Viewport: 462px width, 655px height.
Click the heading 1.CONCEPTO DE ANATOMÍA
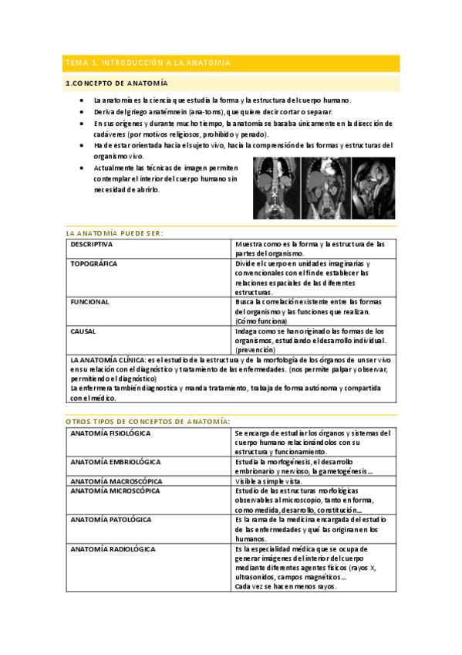click(x=116, y=83)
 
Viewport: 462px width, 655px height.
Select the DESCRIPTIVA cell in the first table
click(x=92, y=244)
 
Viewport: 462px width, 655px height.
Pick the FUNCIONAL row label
click(x=89, y=302)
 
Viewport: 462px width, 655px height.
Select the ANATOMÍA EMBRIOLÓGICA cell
click(x=116, y=462)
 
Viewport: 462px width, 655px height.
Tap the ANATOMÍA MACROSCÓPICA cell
click(x=116, y=480)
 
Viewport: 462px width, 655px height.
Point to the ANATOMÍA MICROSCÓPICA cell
click(x=115, y=490)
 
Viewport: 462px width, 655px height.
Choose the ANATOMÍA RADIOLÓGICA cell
click(x=113, y=549)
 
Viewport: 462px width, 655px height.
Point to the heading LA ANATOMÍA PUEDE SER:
click(x=115, y=232)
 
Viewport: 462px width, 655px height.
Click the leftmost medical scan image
click(x=276, y=188)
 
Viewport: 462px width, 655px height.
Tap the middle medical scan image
click(x=324, y=188)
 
